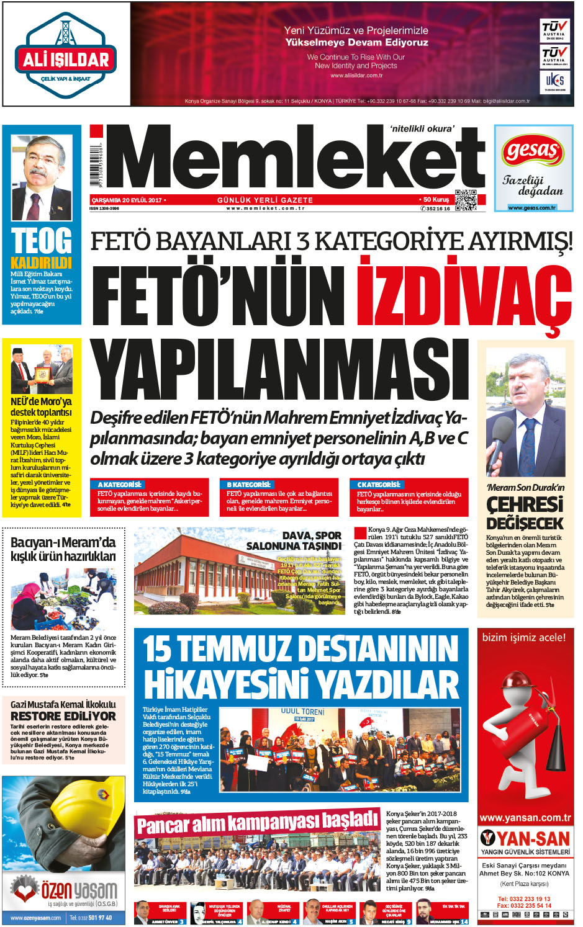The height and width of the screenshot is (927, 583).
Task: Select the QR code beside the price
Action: [x=466, y=199]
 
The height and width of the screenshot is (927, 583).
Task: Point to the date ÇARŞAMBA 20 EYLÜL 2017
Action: [x=126, y=200]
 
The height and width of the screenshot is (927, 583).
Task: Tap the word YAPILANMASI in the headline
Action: [x=279, y=371]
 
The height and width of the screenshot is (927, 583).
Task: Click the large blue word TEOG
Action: [x=42, y=241]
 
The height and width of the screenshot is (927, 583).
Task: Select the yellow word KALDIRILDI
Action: [x=41, y=262]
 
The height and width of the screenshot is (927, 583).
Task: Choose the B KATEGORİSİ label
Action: [x=249, y=484]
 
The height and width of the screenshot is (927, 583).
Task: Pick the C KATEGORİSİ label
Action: [x=379, y=484]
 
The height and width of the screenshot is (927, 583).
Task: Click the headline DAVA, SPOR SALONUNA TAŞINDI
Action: [x=294, y=540]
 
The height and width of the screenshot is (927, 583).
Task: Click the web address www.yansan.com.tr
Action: [x=525, y=818]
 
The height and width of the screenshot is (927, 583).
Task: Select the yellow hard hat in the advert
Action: [x=68, y=819]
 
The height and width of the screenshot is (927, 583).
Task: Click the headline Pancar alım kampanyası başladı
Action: [x=257, y=823]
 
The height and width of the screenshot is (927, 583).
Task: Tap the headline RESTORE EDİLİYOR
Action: [x=63, y=716]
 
